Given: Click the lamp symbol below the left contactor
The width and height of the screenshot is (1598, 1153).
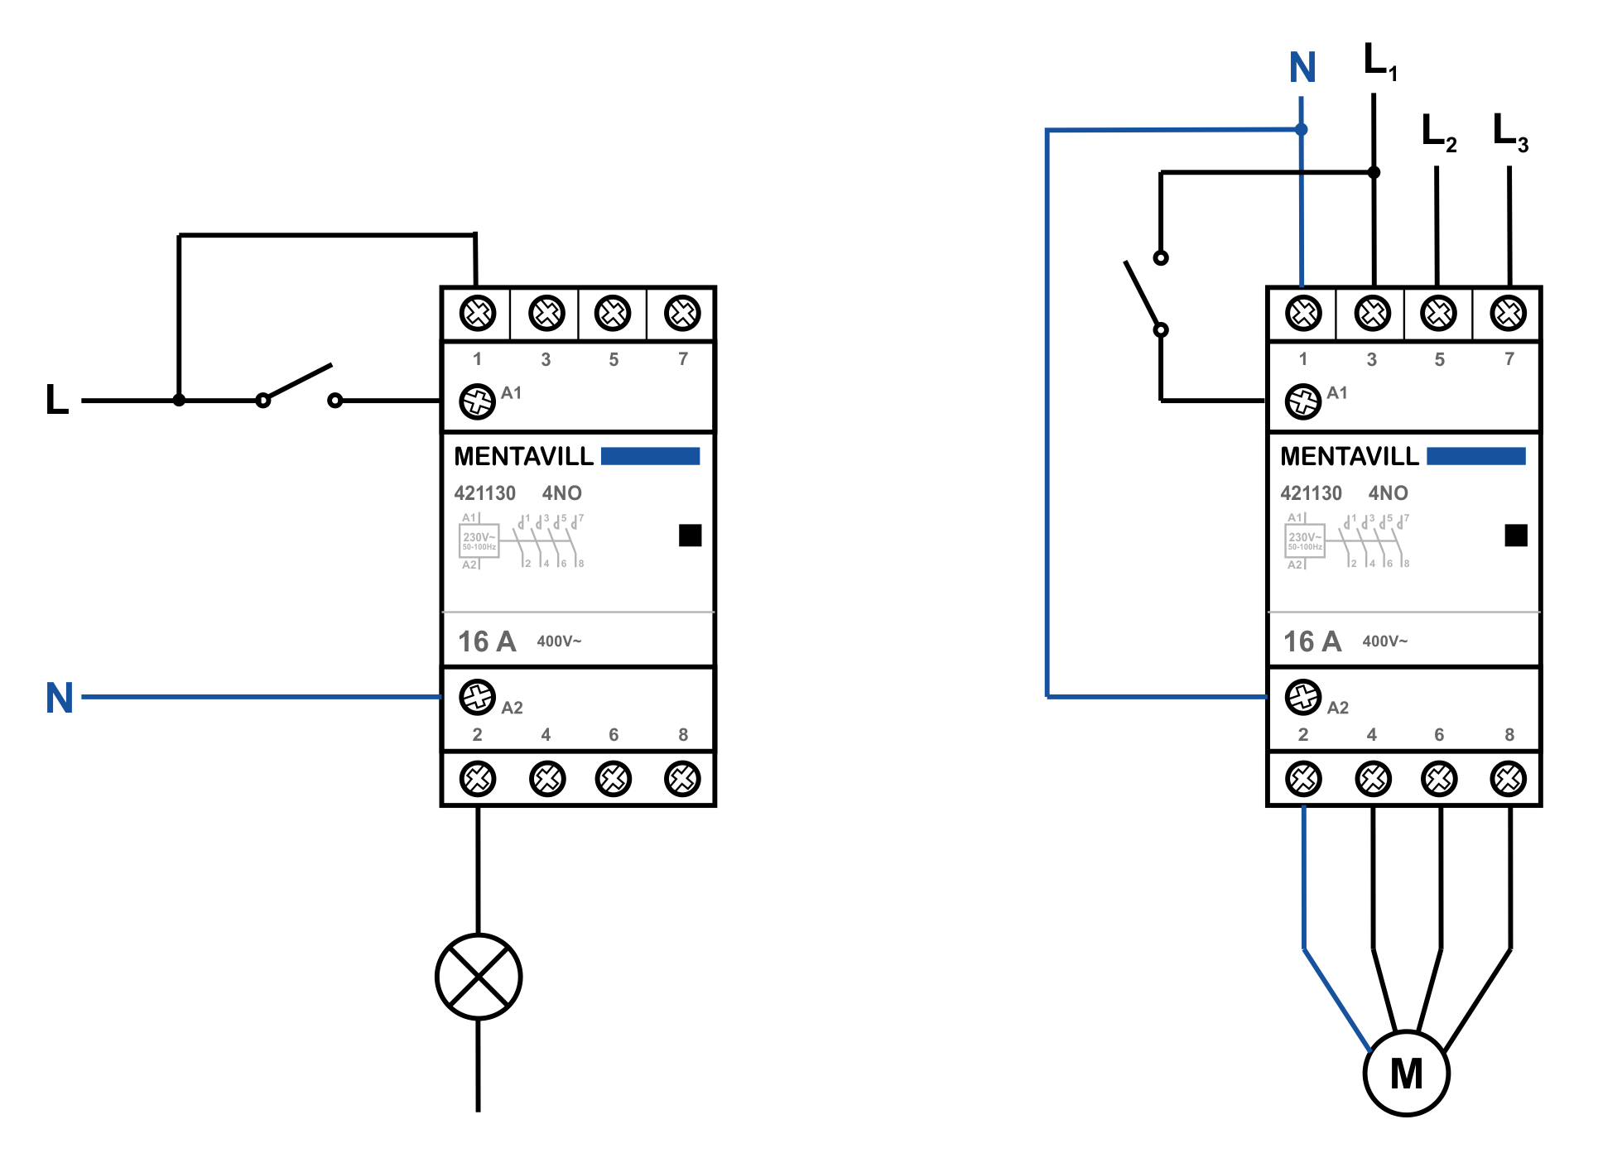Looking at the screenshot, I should pos(479,977).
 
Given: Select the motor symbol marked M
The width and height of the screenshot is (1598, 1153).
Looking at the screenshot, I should pos(1406,1074).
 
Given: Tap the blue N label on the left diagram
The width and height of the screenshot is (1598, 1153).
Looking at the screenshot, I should pos(60,698).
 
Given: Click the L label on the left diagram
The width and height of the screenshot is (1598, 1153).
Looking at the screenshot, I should pos(57,399).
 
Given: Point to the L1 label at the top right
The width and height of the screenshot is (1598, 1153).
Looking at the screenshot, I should pos(1379,61).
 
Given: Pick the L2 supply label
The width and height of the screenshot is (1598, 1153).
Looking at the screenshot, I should pos(1438,132).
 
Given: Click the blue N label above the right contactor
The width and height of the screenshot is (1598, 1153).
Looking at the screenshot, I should pos(1302,68).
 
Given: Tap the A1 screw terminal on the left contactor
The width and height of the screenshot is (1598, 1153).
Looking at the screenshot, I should pos(477,401).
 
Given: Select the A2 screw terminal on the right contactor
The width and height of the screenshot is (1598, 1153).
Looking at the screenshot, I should pos(1302,697).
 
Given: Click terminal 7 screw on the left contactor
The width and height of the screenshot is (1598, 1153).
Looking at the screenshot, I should pos(682,313).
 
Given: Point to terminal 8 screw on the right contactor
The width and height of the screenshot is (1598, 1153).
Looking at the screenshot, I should pos(1508,778).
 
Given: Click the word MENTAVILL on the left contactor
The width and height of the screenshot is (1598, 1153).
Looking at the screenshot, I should pos(523,456).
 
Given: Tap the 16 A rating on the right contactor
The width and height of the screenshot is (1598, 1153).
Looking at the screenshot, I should pos(1312,641).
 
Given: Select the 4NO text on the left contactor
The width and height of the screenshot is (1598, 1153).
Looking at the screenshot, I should pos(561,493).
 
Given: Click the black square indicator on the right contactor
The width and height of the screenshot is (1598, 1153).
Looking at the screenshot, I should pos(1515,536).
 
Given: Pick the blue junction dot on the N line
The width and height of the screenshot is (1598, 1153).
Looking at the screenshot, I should pos(1302,129).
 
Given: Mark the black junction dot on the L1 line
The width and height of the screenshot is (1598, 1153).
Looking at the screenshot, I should pos(1374,172).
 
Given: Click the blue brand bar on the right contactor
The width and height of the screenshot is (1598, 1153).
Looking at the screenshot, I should pos(1475,456).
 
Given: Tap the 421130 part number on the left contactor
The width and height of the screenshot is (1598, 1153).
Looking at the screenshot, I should pos(484,493).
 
